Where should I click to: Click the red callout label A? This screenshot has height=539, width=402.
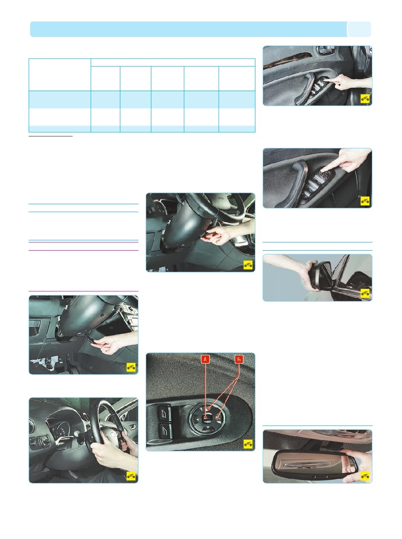click(205, 358)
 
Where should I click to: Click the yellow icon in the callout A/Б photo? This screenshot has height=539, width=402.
click(248, 444)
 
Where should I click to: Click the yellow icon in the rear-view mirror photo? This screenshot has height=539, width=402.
click(365, 476)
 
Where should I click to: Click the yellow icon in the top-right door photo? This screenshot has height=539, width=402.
click(365, 99)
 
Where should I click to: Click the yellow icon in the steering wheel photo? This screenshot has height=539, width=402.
click(131, 476)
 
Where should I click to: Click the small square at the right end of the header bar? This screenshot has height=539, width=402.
click(359, 29)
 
